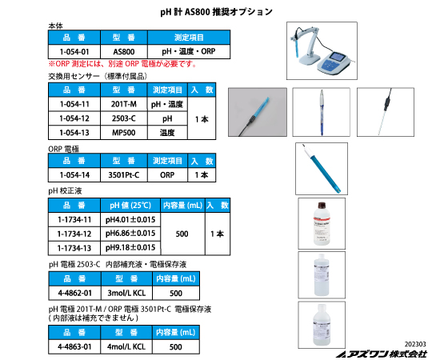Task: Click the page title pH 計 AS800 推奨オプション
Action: click(216, 12)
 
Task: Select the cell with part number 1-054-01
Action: click(74, 51)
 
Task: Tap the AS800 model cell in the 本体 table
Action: click(124, 51)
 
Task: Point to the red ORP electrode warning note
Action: click(122, 64)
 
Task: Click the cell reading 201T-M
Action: click(124, 104)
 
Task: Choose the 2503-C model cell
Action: click(124, 118)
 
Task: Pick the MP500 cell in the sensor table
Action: click(124, 133)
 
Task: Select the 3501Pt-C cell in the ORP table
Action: click(124, 175)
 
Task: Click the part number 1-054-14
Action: click(74, 175)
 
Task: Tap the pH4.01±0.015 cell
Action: click(130, 219)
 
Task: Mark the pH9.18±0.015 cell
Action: click(130, 248)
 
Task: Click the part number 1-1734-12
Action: click(74, 234)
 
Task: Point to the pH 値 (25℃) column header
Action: click(130, 206)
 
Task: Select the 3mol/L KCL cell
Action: click(126, 293)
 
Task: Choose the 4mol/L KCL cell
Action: click(126, 346)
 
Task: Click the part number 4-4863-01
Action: click(74, 346)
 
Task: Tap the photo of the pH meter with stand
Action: click(322, 51)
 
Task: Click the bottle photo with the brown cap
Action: click(322, 223)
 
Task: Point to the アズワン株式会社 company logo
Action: click(382, 354)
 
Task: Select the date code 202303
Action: click(415, 344)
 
